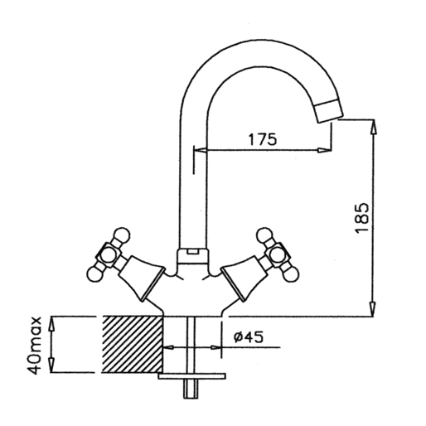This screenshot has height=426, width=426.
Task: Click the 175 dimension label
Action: (262, 139)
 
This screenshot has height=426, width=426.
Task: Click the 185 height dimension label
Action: (362, 219)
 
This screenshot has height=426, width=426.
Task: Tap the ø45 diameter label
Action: (249, 336)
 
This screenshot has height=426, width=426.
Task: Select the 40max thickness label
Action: (35, 345)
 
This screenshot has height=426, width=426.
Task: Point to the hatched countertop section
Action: (133, 344)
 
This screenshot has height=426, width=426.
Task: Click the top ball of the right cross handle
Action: (264, 235)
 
